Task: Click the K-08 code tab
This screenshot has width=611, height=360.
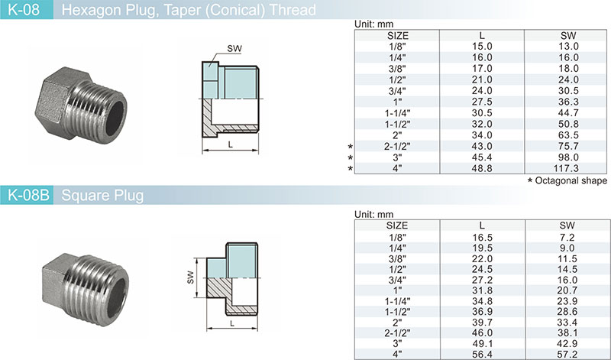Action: [x=27, y=9]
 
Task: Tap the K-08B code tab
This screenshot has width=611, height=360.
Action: [x=27, y=195]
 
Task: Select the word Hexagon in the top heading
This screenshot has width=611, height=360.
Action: [x=85, y=10]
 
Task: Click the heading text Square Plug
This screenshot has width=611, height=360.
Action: [x=102, y=195]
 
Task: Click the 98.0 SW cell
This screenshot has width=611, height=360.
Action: [x=568, y=157]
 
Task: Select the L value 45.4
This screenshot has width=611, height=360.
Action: [x=482, y=157]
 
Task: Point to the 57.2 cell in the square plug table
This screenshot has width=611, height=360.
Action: [x=567, y=354]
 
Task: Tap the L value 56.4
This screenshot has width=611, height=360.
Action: [x=482, y=354]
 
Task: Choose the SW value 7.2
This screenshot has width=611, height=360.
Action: [x=567, y=237]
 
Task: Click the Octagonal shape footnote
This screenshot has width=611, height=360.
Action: [x=567, y=180]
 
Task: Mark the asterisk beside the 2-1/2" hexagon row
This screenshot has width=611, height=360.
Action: [x=351, y=147]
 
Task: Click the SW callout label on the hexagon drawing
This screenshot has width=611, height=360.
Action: [x=234, y=49]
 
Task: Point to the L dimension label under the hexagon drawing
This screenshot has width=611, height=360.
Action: [x=231, y=144]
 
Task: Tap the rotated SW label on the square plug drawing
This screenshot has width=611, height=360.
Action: [x=190, y=277]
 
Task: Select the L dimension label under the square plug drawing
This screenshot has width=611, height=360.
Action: [x=232, y=323]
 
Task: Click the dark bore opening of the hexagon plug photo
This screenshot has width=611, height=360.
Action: [x=115, y=113]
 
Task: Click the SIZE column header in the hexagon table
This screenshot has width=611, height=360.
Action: [x=398, y=35]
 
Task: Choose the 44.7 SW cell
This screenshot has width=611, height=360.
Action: [x=568, y=112]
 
